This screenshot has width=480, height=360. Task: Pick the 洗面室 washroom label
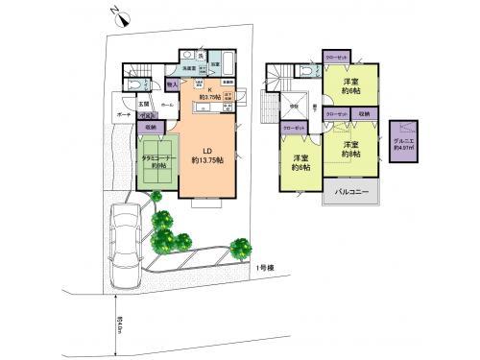(x=192, y=69)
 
